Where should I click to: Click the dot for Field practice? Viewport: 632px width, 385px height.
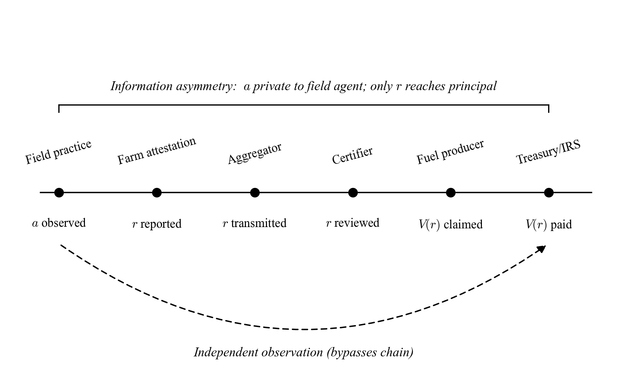(x=59, y=192)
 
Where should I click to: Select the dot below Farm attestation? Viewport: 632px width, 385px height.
(x=157, y=192)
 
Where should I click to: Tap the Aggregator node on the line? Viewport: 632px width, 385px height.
(x=255, y=192)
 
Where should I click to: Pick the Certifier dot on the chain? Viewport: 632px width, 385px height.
(x=353, y=192)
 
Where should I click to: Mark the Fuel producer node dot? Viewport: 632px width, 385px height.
(x=451, y=192)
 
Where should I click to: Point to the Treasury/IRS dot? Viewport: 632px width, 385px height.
(x=549, y=192)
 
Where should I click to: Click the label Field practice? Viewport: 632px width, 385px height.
(x=58, y=152)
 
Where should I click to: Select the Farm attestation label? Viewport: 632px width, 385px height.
(x=157, y=151)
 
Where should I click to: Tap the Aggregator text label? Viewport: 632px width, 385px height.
(x=254, y=153)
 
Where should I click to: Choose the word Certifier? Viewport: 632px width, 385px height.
(x=352, y=155)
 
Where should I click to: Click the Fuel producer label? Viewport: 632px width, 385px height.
(x=450, y=152)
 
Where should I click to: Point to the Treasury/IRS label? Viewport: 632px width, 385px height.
(x=548, y=152)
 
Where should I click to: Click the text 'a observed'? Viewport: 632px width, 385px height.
(x=59, y=223)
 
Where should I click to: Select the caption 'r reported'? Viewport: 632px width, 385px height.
(x=157, y=224)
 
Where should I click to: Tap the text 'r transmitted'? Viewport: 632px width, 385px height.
(x=254, y=223)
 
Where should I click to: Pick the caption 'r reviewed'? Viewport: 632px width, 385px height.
(x=353, y=223)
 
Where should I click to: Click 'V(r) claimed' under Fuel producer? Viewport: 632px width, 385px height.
(x=450, y=224)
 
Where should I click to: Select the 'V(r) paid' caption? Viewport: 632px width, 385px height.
(x=549, y=224)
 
